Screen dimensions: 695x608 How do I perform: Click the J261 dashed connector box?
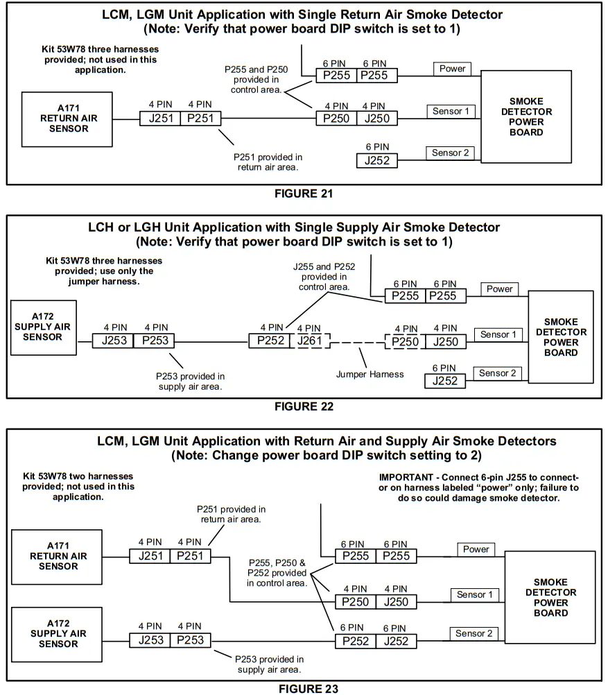pyautogui.click(x=309, y=341)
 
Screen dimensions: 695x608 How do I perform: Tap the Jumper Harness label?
pyautogui.click(x=370, y=374)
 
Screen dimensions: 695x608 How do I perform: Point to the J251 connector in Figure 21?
pyautogui.click(x=160, y=119)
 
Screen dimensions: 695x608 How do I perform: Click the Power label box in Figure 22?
pyautogui.click(x=499, y=289)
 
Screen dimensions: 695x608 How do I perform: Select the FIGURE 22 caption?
pyautogui.click(x=304, y=406)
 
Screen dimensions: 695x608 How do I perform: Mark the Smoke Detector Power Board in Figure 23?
pyautogui.click(x=550, y=597)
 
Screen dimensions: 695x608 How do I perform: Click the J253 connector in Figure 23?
pyautogui.click(x=150, y=640)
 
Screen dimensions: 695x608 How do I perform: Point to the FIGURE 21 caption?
pyautogui.click(x=304, y=194)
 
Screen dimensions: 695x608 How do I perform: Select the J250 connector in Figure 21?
pyautogui.click(x=377, y=119)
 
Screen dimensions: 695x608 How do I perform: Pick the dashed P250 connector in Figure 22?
pyautogui.click(x=405, y=342)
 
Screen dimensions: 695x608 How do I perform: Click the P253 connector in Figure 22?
pyautogui.click(x=154, y=341)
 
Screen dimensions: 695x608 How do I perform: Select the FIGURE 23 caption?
pyautogui.click(x=309, y=689)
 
